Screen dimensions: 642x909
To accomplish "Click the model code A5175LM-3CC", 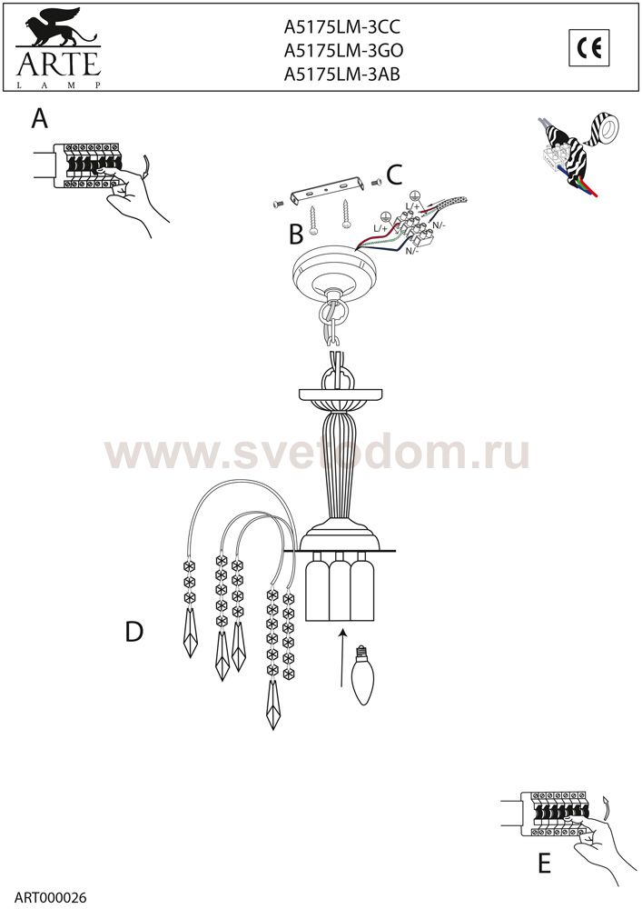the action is click(342, 27).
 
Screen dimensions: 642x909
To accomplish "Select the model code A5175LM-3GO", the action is click(343, 51).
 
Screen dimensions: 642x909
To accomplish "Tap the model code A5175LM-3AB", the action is click(342, 75).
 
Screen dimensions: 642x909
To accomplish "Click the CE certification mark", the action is click(589, 48).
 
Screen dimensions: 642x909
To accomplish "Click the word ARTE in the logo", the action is click(58, 64).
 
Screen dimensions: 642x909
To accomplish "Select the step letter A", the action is click(39, 119).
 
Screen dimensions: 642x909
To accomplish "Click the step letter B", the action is click(296, 235).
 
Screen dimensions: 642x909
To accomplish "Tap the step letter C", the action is click(394, 175).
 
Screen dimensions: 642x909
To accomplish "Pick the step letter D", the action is click(133, 632).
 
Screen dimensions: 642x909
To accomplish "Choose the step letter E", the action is click(544, 864).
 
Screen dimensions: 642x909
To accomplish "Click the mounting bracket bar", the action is click(328, 190).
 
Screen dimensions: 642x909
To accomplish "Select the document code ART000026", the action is click(50, 898).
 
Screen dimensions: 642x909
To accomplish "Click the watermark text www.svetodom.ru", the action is click(317, 454).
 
